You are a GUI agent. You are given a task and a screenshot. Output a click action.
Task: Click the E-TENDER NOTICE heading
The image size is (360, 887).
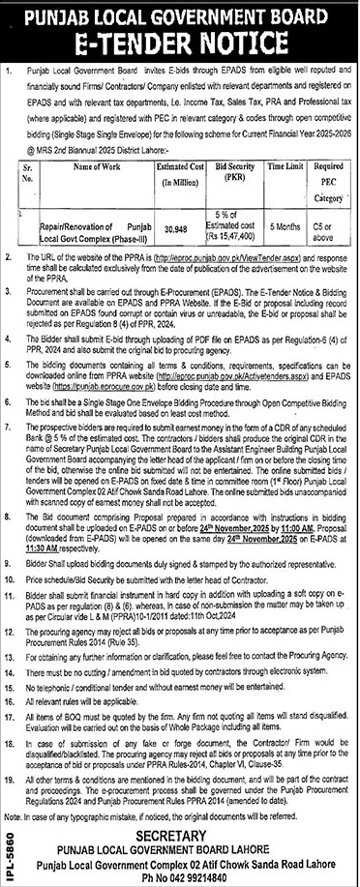180,44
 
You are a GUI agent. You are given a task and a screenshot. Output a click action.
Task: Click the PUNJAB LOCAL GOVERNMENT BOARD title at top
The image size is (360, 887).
180,15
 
